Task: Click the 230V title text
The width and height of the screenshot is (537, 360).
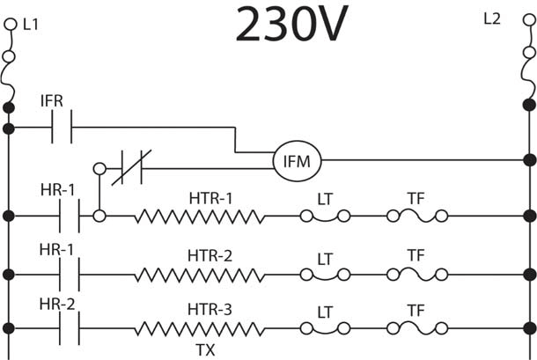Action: (291, 23)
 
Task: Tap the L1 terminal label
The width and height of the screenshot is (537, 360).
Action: (31, 25)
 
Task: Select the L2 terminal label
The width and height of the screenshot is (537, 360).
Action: (492, 18)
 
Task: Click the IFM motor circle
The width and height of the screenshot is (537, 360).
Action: (297, 161)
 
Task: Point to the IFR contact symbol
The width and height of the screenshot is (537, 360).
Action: (62, 127)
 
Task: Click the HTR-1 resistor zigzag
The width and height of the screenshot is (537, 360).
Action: (200, 217)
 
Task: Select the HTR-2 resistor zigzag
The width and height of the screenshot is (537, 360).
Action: (200, 275)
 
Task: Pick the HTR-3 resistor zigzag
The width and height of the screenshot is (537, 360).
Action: (200, 329)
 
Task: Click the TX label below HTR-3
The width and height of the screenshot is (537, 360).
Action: (205, 349)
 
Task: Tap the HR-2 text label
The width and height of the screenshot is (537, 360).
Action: (57, 305)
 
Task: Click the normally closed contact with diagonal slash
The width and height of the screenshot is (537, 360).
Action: (131, 168)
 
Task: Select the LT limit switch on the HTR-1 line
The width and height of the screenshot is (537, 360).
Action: (325, 217)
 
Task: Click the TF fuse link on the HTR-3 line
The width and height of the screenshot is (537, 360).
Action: (417, 328)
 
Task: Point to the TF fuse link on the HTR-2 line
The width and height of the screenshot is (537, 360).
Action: (417, 275)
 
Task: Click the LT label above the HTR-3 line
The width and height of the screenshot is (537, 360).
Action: (325, 312)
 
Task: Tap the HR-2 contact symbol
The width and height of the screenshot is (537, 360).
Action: (70, 328)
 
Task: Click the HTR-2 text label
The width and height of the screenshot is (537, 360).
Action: (210, 256)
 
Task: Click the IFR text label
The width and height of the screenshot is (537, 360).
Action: (52, 101)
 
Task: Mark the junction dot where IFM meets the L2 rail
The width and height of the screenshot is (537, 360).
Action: (529, 160)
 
